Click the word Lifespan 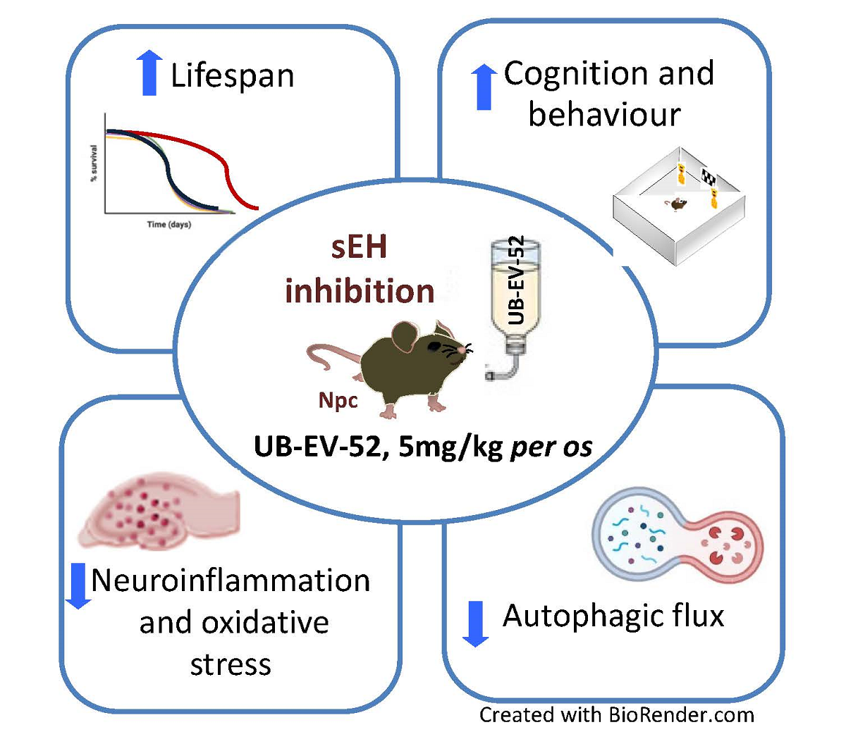click(x=232, y=75)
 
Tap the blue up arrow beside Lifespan click(x=149, y=73)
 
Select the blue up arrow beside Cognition click(x=484, y=87)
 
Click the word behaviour click(x=604, y=115)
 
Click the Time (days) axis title click(x=168, y=225)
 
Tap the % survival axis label click(x=94, y=163)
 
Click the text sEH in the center click(x=359, y=248)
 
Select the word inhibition click(x=360, y=290)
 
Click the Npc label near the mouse click(x=338, y=400)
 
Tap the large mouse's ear click(x=405, y=338)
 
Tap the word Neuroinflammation click(x=231, y=581)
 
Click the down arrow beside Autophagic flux click(x=476, y=623)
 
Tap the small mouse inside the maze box click(x=677, y=204)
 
